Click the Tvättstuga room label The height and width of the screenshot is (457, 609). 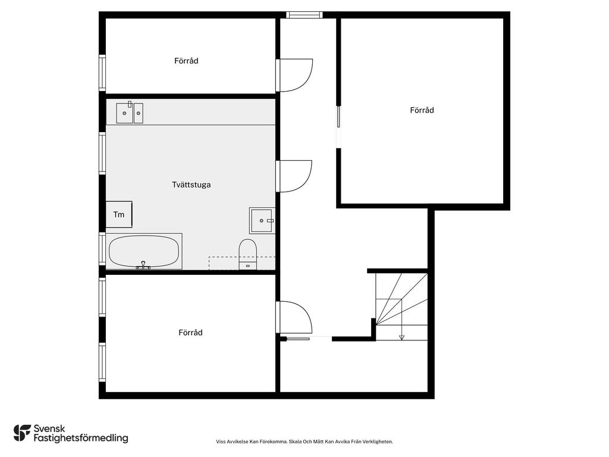pyautogui.click(x=191, y=184)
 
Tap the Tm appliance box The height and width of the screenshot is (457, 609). pyautogui.click(x=119, y=214)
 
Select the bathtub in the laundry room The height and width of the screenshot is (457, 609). pyautogui.click(x=145, y=251)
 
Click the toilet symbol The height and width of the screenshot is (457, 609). pyautogui.click(x=247, y=252)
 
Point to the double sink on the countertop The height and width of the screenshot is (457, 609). pyautogui.click(x=129, y=112)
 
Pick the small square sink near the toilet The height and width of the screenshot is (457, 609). pyautogui.click(x=262, y=220)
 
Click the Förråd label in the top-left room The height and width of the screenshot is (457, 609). pyautogui.click(x=186, y=61)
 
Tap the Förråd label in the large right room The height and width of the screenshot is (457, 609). pyautogui.click(x=422, y=110)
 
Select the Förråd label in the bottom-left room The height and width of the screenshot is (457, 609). pyautogui.click(x=190, y=333)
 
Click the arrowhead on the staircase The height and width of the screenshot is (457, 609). pyautogui.click(x=401, y=337)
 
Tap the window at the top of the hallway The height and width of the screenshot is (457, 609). pyautogui.click(x=304, y=15)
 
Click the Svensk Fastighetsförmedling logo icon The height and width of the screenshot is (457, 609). pyautogui.click(x=22, y=433)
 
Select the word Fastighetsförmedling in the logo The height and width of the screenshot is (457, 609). pyautogui.click(x=81, y=439)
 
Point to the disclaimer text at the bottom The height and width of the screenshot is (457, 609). pyautogui.click(x=304, y=442)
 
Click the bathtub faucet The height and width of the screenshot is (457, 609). pyautogui.click(x=143, y=265)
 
